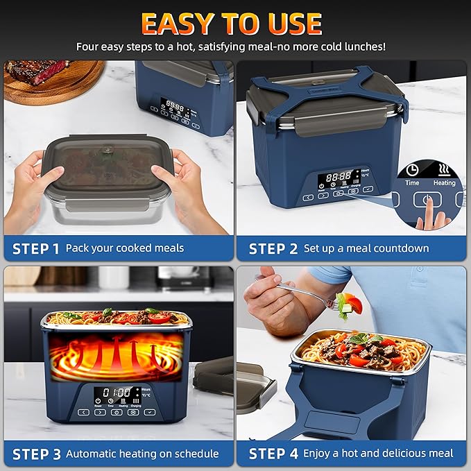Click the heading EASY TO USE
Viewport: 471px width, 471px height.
(232, 24)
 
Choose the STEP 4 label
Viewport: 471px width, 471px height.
(273, 454)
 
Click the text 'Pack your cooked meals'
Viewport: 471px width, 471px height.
(125, 248)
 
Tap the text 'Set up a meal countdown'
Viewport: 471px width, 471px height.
(366, 248)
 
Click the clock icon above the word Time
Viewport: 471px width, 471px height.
(412, 169)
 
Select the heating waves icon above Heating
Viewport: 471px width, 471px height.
(445, 169)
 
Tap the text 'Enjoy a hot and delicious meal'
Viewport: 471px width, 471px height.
(379, 454)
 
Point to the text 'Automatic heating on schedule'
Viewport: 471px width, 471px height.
(142, 454)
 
